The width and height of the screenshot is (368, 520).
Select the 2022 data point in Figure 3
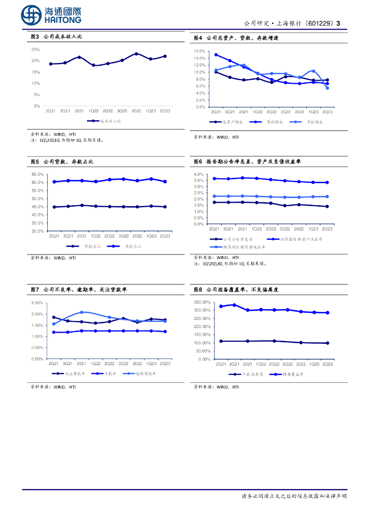click(136, 53)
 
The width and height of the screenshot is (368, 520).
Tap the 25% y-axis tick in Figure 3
click(36, 50)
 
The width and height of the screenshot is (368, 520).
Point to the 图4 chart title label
click(198, 38)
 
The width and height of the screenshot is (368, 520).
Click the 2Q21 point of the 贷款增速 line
click(216, 55)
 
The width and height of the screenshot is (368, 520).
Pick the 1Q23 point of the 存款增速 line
click(314, 71)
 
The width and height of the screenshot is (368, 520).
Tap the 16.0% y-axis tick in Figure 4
click(199, 51)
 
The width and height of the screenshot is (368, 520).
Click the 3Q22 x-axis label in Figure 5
click(123, 236)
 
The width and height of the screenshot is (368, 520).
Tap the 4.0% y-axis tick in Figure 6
click(199, 175)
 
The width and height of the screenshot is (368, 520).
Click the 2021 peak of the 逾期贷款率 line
click(82, 312)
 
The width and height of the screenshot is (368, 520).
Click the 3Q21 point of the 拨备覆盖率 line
click(234, 305)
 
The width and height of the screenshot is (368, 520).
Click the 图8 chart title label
click(198, 289)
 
